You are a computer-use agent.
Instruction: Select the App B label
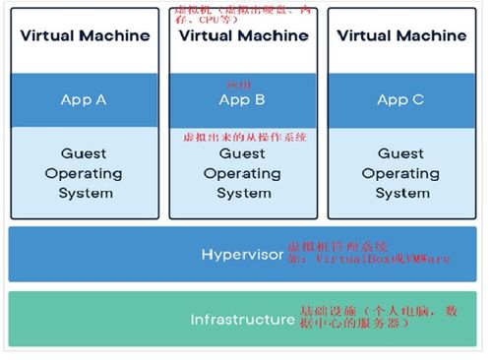pyautogui.click(x=242, y=100)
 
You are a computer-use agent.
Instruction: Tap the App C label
pyautogui.click(x=400, y=99)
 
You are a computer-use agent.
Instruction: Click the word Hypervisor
pyautogui.click(x=242, y=255)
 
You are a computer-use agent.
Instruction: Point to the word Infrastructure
pyautogui.click(x=242, y=320)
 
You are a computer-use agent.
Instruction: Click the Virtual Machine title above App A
pyautogui.click(x=86, y=35)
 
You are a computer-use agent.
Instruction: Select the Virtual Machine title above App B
pyautogui.click(x=242, y=36)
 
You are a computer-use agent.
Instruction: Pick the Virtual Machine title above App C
pyautogui.click(x=400, y=35)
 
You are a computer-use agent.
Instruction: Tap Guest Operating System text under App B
pyautogui.click(x=242, y=174)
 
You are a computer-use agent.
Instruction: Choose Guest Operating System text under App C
pyautogui.click(x=400, y=173)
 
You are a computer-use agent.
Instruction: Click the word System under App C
pyautogui.click(x=400, y=193)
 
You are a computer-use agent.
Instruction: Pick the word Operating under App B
pyautogui.click(x=242, y=174)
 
